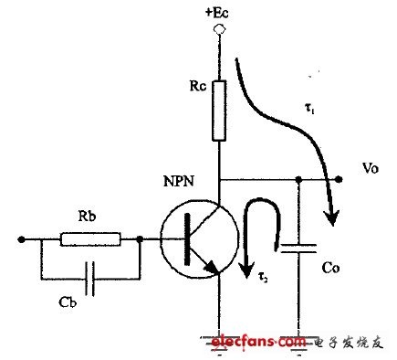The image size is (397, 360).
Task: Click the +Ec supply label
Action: (216, 14)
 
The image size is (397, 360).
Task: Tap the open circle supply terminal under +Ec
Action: (219, 29)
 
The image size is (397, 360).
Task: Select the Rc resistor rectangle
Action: (219, 111)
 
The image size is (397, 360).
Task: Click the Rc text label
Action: (198, 86)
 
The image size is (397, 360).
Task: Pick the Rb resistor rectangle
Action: (90, 239)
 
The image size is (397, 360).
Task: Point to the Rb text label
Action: (87, 216)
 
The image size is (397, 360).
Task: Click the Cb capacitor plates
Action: (90, 279)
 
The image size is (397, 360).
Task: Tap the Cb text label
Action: (68, 302)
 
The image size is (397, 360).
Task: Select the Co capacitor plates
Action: (298, 249)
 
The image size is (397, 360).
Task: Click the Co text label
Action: (330, 268)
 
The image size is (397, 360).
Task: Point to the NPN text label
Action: (179, 182)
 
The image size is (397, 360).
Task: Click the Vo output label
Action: (371, 168)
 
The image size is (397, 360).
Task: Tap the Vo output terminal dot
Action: (339, 180)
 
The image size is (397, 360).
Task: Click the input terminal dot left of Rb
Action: (21, 239)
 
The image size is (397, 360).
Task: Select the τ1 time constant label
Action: (309, 110)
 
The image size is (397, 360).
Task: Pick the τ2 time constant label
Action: (263, 278)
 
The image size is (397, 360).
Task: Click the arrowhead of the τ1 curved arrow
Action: (331, 217)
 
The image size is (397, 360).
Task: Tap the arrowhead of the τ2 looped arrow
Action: (246, 270)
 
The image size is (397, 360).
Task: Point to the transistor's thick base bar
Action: (188, 239)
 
